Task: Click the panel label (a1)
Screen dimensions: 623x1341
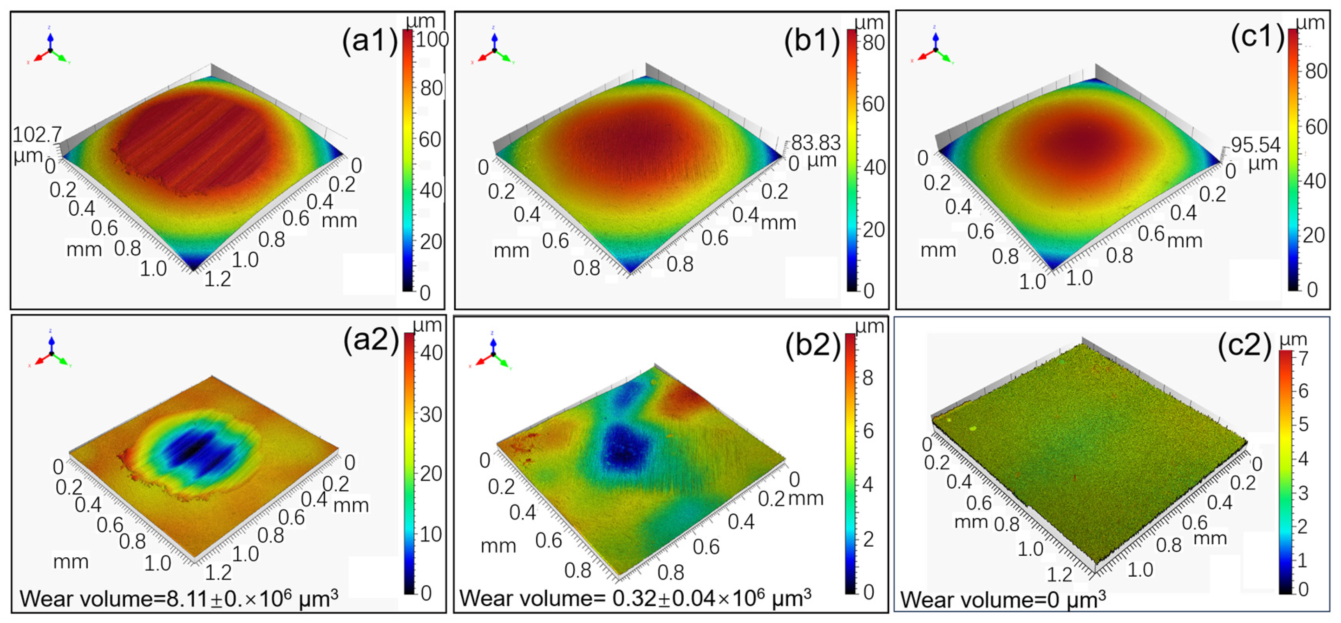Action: pyautogui.click(x=369, y=41)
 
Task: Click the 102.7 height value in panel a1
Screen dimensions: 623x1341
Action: pyautogui.click(x=37, y=135)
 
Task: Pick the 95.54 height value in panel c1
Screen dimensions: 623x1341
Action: pyautogui.click(x=1255, y=145)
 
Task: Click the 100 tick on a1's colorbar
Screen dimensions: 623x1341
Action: pyautogui.click(x=432, y=39)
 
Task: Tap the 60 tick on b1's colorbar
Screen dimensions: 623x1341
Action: pyautogui.click(x=873, y=105)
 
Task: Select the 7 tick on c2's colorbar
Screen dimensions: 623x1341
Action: pyautogui.click(x=1303, y=358)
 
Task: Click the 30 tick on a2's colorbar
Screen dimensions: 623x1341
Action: pyautogui.click(x=431, y=415)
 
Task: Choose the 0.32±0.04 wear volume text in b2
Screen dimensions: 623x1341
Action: pyautogui.click(x=635, y=598)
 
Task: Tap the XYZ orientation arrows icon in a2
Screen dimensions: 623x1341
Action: pyautogui.click(x=51, y=353)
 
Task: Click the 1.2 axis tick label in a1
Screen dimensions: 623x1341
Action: pyautogui.click(x=218, y=279)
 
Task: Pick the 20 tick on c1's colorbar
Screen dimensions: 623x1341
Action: pyautogui.click(x=1314, y=235)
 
